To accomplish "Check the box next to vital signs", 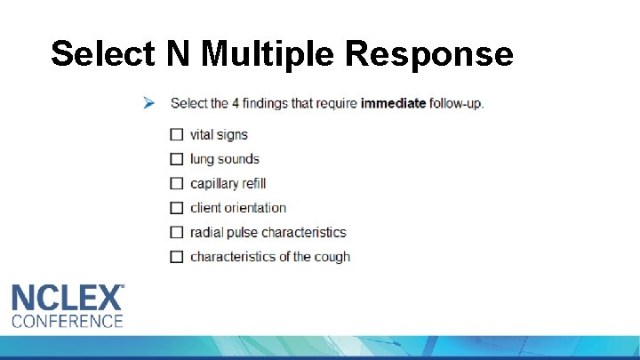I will pos(176,135).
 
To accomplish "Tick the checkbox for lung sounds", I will pos(176,159).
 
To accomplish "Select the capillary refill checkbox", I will pos(176,184).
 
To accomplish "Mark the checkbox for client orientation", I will pos(176,208).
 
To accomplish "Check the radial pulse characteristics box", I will pos(176,232).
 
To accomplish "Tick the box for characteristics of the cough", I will pos(176,257).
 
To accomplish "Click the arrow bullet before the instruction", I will pos(149,103).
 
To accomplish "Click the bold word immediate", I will pos(392,103).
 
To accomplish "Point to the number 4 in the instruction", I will pos(236,103).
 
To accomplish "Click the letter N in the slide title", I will pos(177,53).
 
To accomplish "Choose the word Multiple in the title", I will pos(268,53).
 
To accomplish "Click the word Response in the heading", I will pos(428,53).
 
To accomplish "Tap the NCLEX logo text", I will pos(68,297).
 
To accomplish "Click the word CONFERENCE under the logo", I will pos(68,320).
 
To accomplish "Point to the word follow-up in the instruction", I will pos(456,103).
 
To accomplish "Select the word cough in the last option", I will pos(331,257).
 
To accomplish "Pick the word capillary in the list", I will pos(212,184).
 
